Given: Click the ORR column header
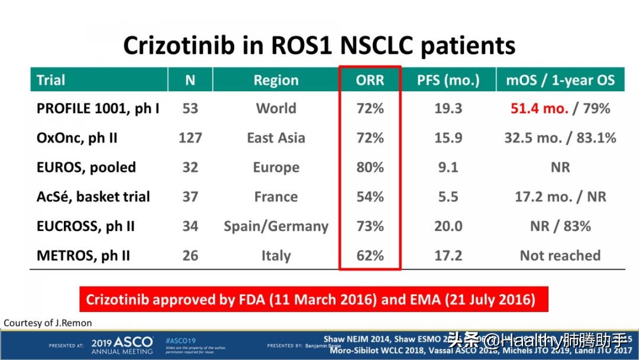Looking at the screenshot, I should (x=370, y=80).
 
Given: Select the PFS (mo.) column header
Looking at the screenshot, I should (x=448, y=80).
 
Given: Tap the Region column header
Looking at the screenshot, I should (x=276, y=80).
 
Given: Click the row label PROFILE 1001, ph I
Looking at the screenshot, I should (x=98, y=108).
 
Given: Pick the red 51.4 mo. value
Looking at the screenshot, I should (x=539, y=108).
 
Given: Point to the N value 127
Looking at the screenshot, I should (x=190, y=138).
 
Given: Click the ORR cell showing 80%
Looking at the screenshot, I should (x=370, y=168).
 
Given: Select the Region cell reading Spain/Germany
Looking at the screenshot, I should (x=276, y=226).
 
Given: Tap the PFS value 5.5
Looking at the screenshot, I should (x=448, y=197).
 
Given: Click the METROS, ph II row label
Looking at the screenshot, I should (x=83, y=256).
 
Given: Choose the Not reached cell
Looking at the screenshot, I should (x=560, y=256).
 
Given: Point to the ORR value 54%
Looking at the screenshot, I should (x=370, y=197).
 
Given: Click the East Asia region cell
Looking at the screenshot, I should (x=276, y=138).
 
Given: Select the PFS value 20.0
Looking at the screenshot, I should (x=448, y=226).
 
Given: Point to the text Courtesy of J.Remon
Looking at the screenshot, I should (x=48, y=323).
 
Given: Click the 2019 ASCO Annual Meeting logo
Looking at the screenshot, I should (x=122, y=345).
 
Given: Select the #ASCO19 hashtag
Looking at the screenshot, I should (x=180, y=340).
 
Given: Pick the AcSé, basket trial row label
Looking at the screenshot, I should (x=93, y=197).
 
